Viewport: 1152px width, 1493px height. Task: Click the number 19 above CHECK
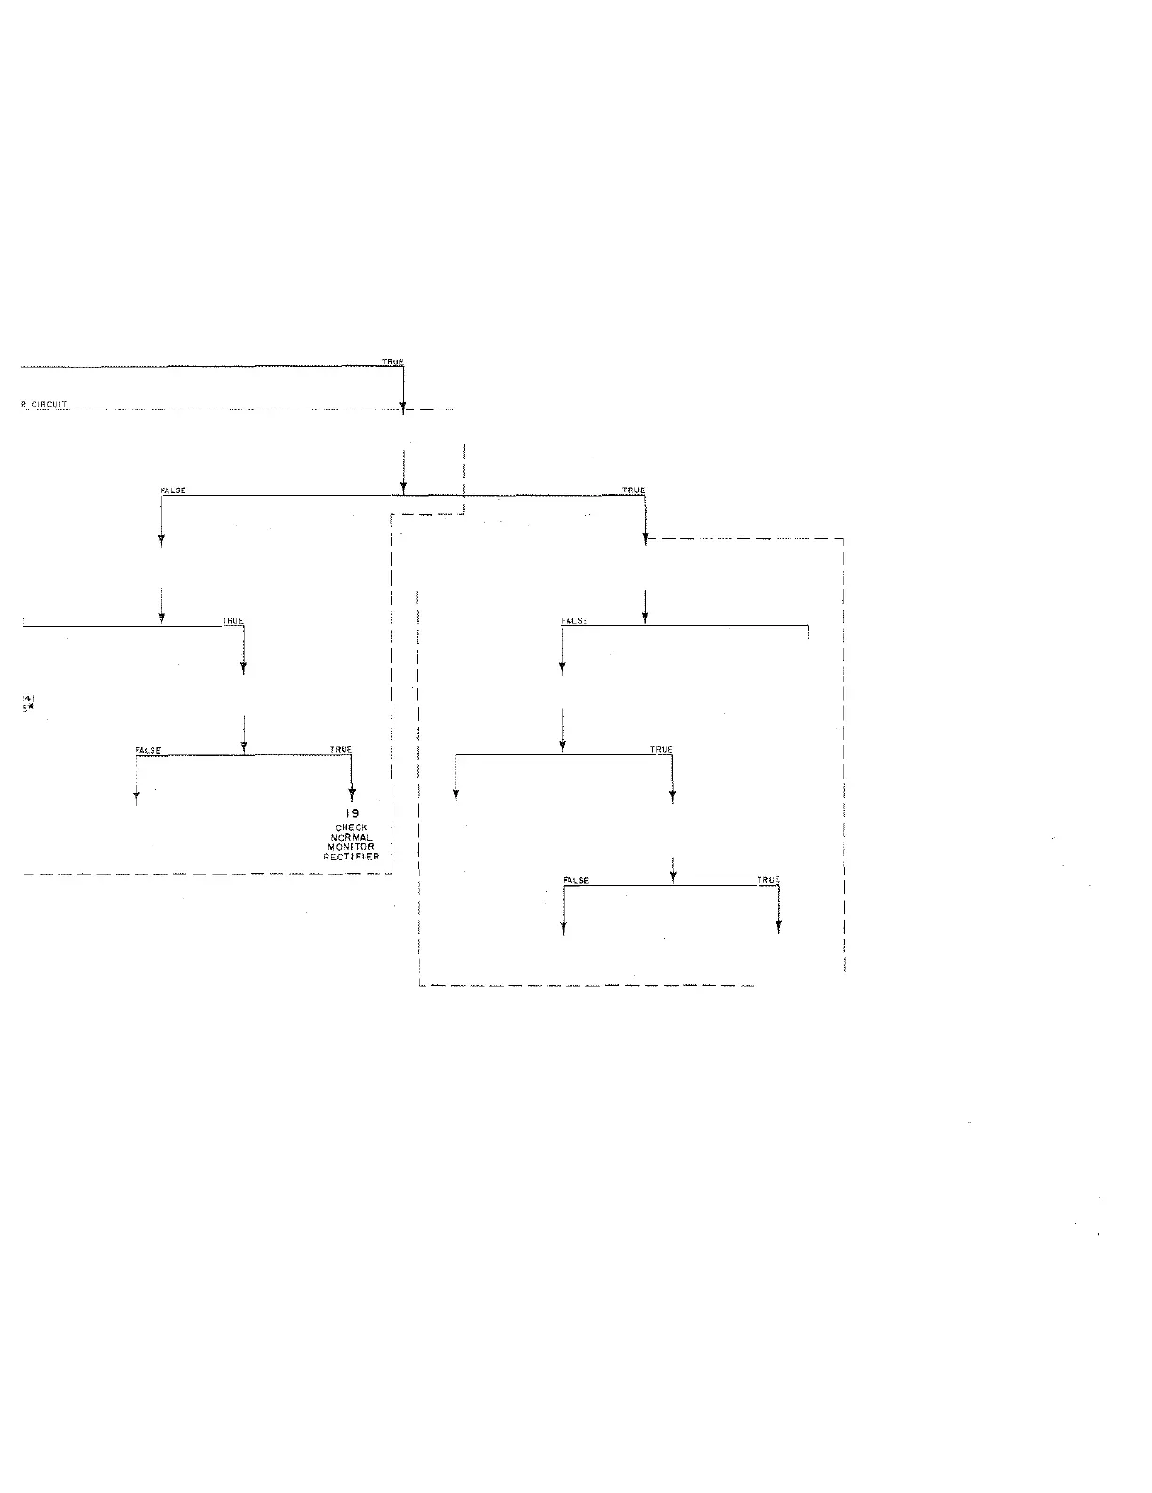352,814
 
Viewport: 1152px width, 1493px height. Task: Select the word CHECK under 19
352,828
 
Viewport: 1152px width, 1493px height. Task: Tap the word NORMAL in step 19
352,838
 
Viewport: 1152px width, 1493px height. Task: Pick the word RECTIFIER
352,858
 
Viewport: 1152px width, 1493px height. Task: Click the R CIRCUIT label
44,405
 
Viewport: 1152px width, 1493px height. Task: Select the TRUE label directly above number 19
341,750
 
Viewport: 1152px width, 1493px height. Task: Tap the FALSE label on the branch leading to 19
149,750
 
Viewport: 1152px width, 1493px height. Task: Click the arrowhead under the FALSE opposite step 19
136,798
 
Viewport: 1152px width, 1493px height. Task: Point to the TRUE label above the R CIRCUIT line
392,361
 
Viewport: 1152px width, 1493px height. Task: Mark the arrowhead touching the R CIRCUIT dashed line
403,409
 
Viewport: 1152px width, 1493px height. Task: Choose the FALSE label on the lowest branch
576,880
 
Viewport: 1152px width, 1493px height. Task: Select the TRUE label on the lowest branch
768,880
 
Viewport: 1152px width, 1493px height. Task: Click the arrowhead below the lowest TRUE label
778,927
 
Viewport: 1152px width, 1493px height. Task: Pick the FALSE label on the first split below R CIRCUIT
174,490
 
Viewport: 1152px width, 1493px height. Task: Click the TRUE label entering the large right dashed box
633,490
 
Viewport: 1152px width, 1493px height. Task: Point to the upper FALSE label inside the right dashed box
574,621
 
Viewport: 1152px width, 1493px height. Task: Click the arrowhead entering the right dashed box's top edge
645,539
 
